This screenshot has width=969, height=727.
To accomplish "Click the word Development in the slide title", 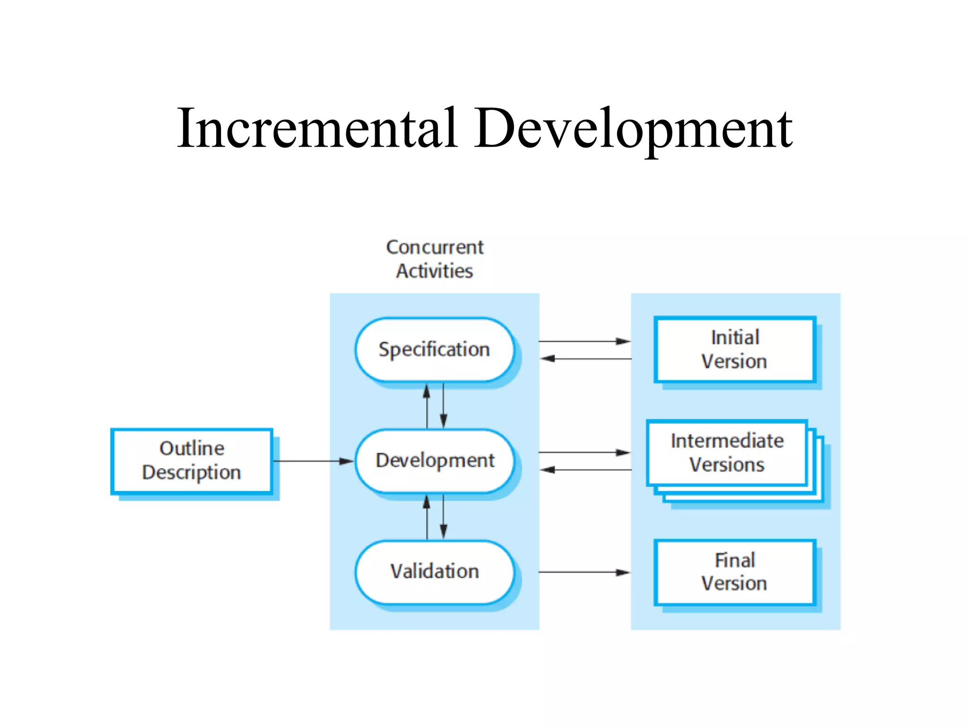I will pyautogui.click(x=634, y=129).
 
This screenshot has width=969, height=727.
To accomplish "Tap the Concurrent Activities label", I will pyautogui.click(x=435, y=259).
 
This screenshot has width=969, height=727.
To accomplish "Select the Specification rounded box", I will pyautogui.click(x=434, y=349).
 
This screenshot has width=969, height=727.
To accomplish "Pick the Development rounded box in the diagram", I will pyautogui.click(x=434, y=461).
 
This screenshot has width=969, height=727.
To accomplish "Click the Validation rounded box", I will pyautogui.click(x=434, y=571).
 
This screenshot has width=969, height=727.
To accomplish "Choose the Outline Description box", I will pyautogui.click(x=192, y=461).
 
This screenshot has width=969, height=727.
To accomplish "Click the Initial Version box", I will pyautogui.click(x=735, y=349).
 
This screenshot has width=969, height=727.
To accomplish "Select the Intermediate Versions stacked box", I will pyautogui.click(x=727, y=453).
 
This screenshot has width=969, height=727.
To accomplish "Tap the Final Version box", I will pyautogui.click(x=735, y=572).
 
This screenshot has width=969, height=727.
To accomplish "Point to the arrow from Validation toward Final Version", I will pyautogui.click(x=584, y=572).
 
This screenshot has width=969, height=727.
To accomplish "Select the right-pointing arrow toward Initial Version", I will pyautogui.click(x=584, y=341).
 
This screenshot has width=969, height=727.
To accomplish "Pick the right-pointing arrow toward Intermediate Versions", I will pyautogui.click(x=584, y=452).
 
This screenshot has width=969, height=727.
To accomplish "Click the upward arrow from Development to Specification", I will pyautogui.click(x=427, y=406).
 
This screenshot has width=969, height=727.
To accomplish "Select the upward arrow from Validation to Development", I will pyautogui.click(x=427, y=517).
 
